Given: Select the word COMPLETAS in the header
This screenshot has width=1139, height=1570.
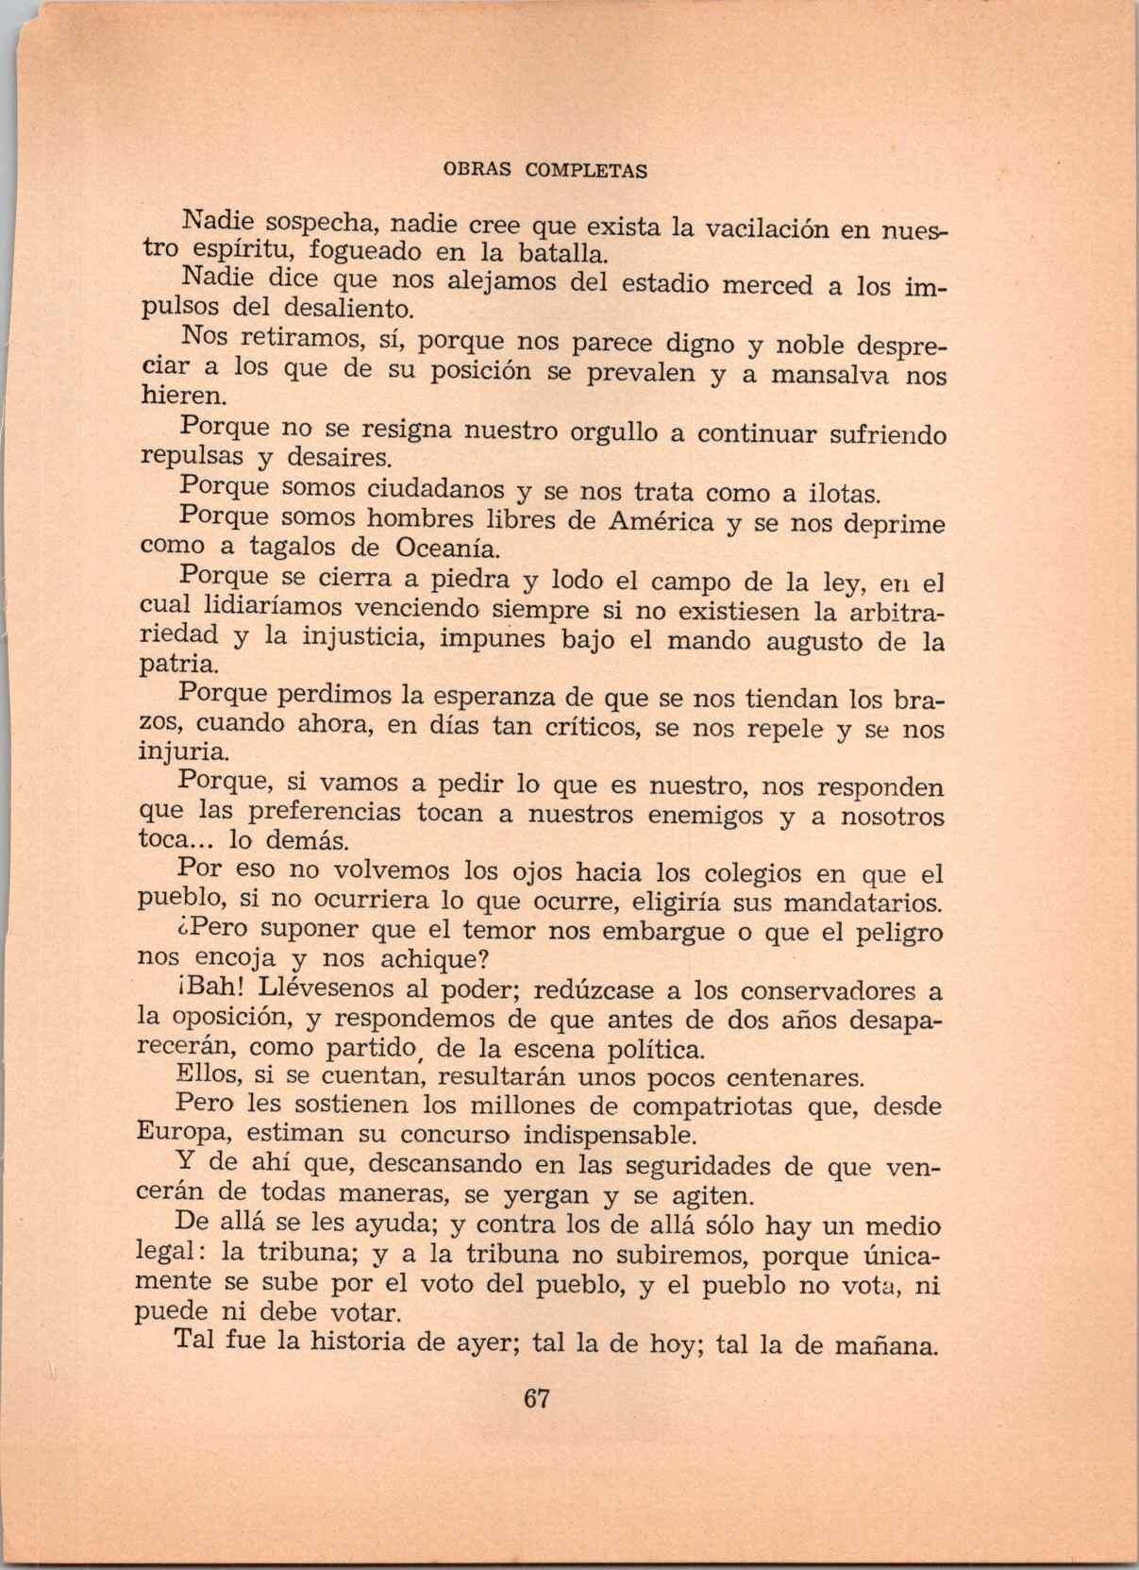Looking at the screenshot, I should (x=586, y=171).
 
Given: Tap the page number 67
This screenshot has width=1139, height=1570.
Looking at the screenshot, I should (x=536, y=1398).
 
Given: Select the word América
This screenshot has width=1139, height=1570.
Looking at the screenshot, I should (x=661, y=521).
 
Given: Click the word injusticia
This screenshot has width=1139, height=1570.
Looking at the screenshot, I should (x=358, y=637).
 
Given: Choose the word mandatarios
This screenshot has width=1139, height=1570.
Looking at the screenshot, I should (x=863, y=903).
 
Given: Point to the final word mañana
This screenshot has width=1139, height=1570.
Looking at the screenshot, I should (x=885, y=1344).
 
